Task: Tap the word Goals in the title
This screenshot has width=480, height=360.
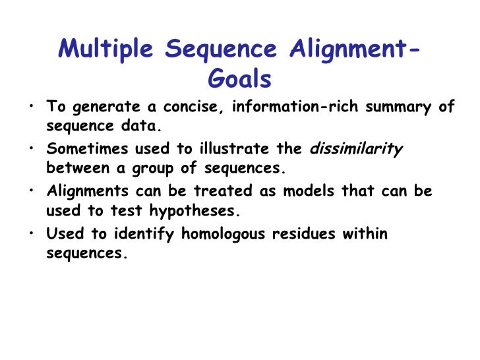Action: click(x=239, y=79)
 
